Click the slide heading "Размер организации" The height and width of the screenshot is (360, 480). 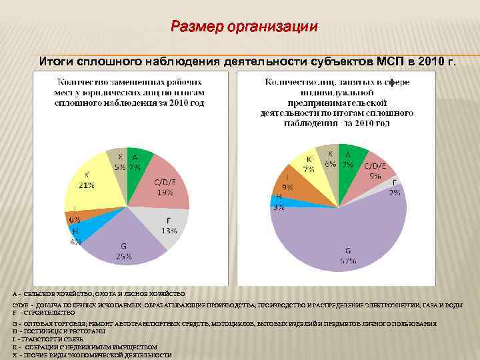[244, 27]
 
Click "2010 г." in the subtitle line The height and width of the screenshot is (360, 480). [436, 62]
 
